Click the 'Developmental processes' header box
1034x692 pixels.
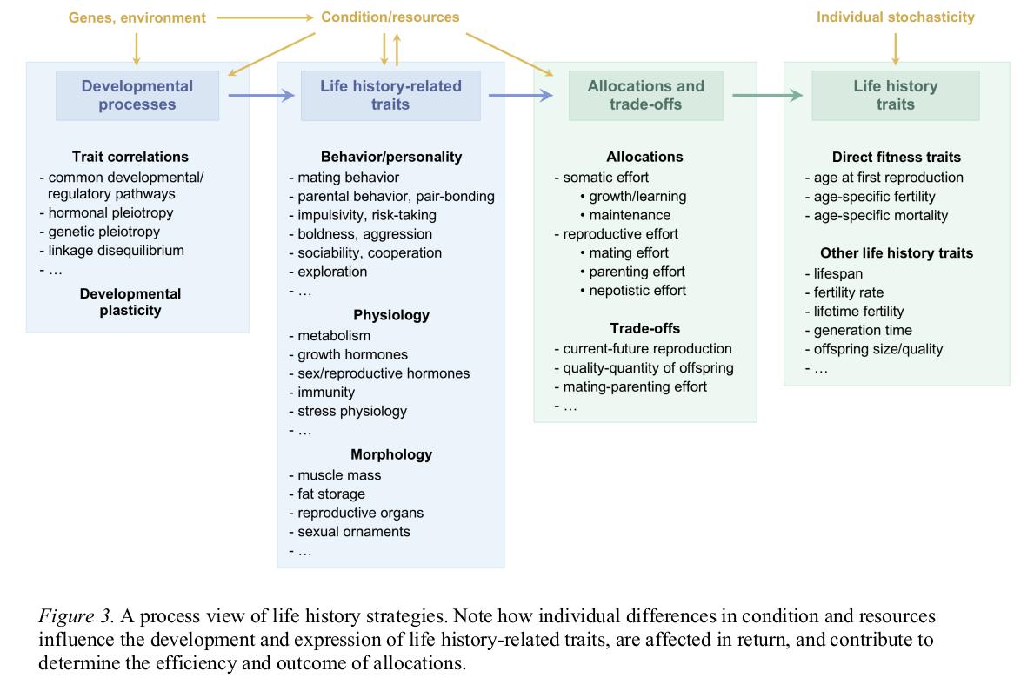point(137,95)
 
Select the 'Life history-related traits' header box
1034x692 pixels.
point(390,95)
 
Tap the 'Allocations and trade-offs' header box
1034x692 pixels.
point(645,95)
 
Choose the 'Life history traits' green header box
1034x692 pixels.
point(895,95)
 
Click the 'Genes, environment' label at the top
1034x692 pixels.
point(137,17)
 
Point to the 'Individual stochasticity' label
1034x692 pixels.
point(895,17)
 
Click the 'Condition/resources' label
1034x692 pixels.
point(390,17)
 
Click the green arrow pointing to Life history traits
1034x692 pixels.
point(767,95)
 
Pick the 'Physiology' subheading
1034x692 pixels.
point(390,315)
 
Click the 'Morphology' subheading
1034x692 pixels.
point(390,454)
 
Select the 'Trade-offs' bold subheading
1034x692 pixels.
point(644,328)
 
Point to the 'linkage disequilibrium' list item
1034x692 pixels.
point(116,251)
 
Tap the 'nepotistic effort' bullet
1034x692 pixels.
point(637,290)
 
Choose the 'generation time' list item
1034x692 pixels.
point(863,330)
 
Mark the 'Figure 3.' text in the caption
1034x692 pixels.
point(76,617)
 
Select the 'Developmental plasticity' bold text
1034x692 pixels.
point(130,301)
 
